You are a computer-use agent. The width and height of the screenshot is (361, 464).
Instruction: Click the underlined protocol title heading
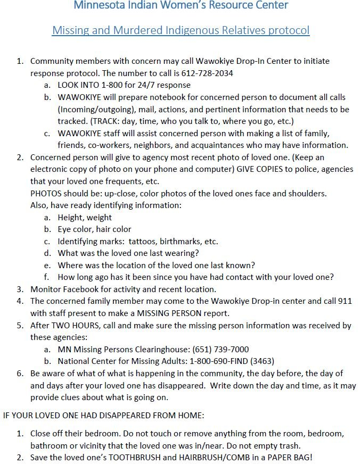click(x=180, y=30)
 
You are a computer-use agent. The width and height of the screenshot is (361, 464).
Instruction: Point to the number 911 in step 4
click(x=345, y=301)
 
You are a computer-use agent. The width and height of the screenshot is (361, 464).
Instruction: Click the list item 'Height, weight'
click(x=85, y=217)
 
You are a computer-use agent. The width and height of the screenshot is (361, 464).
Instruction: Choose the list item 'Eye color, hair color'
click(x=94, y=229)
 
